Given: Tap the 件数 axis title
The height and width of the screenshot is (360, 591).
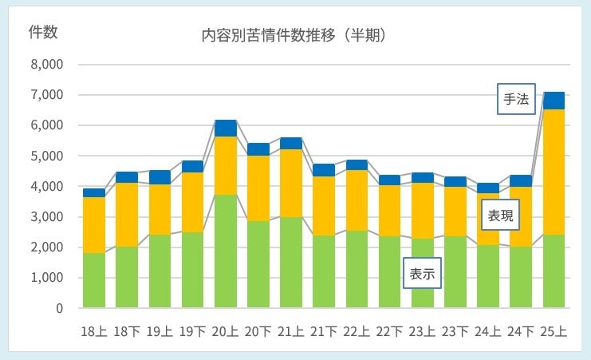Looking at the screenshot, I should point(42,32).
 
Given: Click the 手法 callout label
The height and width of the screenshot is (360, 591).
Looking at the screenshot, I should point(515,99).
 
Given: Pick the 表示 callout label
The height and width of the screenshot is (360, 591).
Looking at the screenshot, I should point(423,274).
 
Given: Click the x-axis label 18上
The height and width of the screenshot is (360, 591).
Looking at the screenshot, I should point(94,331).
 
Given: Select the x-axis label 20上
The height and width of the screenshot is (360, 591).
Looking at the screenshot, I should point(226,331).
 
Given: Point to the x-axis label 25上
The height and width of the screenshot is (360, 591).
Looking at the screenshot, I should point(554,331).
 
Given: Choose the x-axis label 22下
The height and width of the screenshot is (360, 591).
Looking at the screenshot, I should point(390,331).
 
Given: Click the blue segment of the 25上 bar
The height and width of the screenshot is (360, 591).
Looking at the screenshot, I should point(554,101).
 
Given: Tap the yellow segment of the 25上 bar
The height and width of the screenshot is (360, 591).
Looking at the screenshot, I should point(554,172).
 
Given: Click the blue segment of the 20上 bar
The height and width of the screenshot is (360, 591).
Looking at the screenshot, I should point(226,128).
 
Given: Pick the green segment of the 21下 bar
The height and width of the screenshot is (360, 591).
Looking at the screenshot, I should point(324,271).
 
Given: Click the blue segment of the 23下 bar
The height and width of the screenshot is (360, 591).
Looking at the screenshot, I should point(455,182).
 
